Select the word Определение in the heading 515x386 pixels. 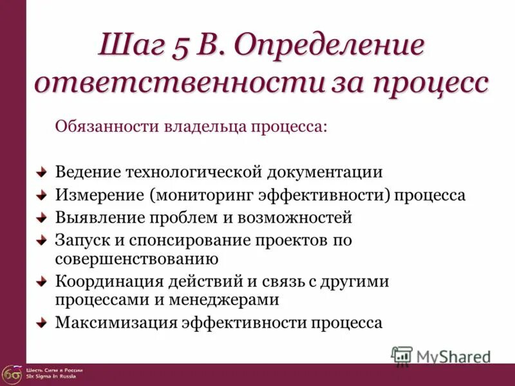click(329, 47)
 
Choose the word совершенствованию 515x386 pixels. click(136, 259)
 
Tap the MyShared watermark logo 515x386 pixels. click(442, 356)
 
